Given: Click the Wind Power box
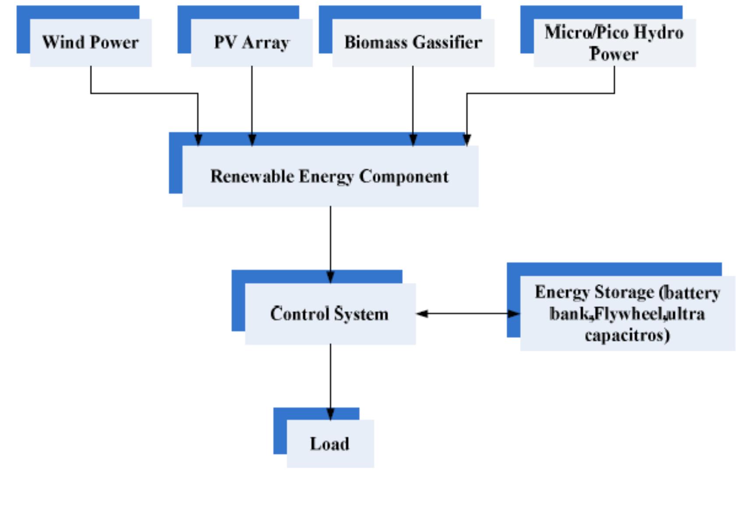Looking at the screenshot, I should pyautogui.click(x=90, y=43).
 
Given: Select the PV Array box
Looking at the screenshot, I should pyautogui.click(x=251, y=43).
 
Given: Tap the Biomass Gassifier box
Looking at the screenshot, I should pyautogui.click(x=413, y=43).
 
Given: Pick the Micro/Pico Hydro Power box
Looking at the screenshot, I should pyautogui.click(x=614, y=43).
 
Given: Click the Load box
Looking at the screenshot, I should pyautogui.click(x=330, y=444).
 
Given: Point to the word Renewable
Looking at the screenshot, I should pyautogui.click(x=252, y=176).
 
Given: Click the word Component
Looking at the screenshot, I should pyautogui.click(x=404, y=176).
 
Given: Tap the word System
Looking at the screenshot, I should pyautogui.click(x=361, y=314).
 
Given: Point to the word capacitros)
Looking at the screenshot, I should pyautogui.click(x=627, y=335).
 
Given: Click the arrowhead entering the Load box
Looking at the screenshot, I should pyautogui.click(x=330, y=414).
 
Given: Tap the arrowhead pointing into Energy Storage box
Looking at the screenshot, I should pyautogui.click(x=514, y=314).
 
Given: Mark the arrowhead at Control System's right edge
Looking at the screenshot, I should pyautogui.click(x=422, y=314).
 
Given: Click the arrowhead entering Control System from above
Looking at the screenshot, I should pyautogui.click(x=330, y=277).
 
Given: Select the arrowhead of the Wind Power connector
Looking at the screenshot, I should pyautogui.click(x=198, y=139).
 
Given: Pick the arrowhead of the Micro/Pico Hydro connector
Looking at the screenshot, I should pyautogui.click(x=467, y=139).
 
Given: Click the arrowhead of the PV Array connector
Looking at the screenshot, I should pyautogui.click(x=252, y=139).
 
